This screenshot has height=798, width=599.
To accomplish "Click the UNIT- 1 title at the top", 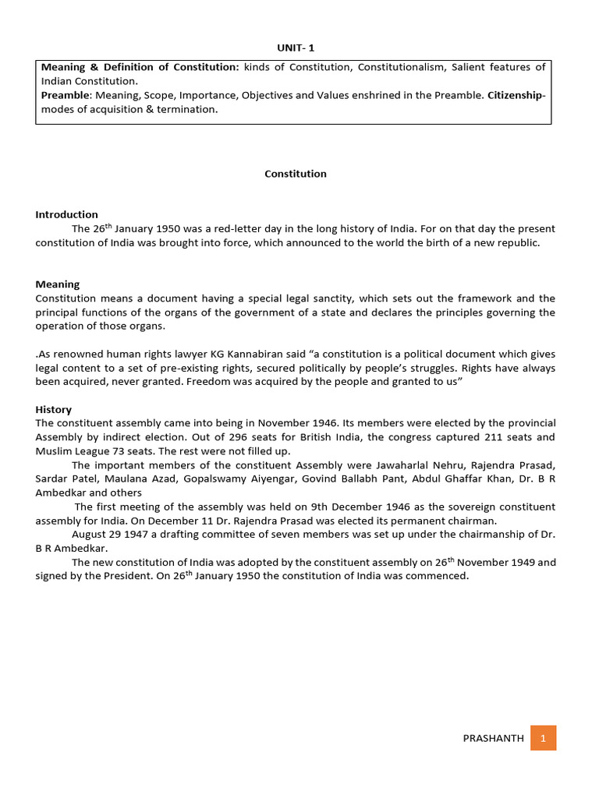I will tap(296, 48).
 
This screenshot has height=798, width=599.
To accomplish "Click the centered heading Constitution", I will tap(296, 174).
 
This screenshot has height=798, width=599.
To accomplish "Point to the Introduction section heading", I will tap(66, 214).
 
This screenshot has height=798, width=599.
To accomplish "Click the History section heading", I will tap(53, 409).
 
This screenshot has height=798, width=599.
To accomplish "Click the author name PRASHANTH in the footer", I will tap(494, 738).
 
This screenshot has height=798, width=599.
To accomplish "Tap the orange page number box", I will tap(543, 738).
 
